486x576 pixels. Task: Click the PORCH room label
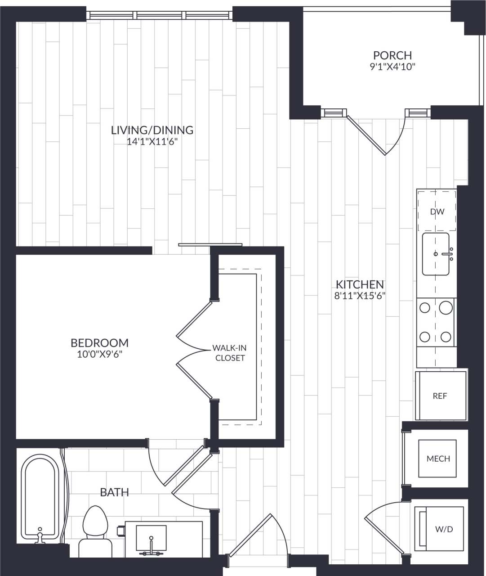[x=392, y=55]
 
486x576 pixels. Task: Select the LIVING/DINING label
[x=152, y=130]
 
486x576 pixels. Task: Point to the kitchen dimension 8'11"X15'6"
[x=360, y=296]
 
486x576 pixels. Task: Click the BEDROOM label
[x=99, y=343]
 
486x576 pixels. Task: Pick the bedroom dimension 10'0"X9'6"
[x=99, y=354]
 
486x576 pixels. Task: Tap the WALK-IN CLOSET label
[x=230, y=353]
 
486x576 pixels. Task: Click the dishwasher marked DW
[x=437, y=211]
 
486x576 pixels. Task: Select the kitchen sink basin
[x=435, y=254]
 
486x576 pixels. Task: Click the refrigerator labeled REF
[x=440, y=396]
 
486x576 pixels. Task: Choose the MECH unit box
[x=438, y=459]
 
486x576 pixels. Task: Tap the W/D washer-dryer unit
[x=443, y=529]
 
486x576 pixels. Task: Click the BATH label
[x=114, y=492]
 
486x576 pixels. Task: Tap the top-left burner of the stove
[x=424, y=308]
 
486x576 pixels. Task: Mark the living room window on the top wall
[x=160, y=15]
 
